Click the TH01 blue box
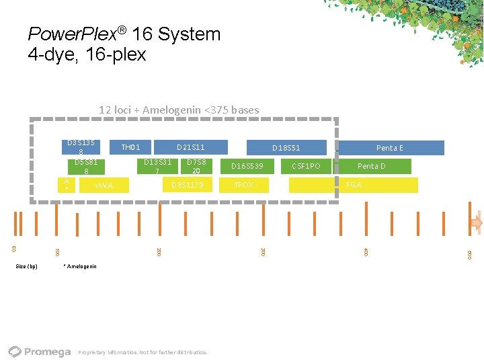coord(130,147)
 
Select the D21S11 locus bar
coord(191,147)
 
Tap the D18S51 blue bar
coord(286,147)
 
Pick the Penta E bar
coord(390,147)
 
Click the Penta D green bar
coord(372,166)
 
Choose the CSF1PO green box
coord(306,166)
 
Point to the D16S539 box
coord(247,166)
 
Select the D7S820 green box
coord(196,166)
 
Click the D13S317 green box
coord(157,166)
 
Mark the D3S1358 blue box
coord(81,147)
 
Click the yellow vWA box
coord(104,185)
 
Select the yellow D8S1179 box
coord(188,185)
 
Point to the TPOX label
coord(243,185)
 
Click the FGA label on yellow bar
coord(354,185)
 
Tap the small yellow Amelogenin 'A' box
coord(67,184)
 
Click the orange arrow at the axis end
coord(477,223)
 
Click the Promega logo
coord(40,352)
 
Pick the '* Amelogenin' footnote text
coord(79,266)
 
